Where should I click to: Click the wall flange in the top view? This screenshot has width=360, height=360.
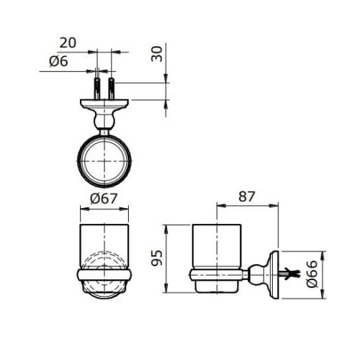105,104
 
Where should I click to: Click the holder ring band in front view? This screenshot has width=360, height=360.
104,274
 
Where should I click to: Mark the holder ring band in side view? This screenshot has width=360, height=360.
215,274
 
